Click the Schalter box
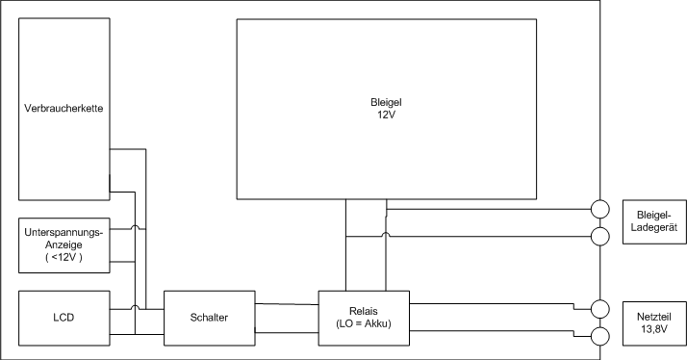(x=210, y=317)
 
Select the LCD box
(x=64, y=317)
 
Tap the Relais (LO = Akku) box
(x=364, y=317)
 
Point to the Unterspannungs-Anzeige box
(x=64, y=244)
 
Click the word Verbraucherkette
(x=64, y=108)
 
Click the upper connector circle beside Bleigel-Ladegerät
(x=599, y=208)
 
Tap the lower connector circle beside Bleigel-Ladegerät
(x=599, y=236)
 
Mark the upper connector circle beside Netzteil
(x=599, y=308)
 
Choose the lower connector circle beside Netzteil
(x=599, y=336)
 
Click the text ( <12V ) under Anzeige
(x=64, y=258)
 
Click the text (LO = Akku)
(x=364, y=323)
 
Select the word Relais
(x=364, y=310)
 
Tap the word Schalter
(x=210, y=317)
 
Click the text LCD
(x=64, y=317)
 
